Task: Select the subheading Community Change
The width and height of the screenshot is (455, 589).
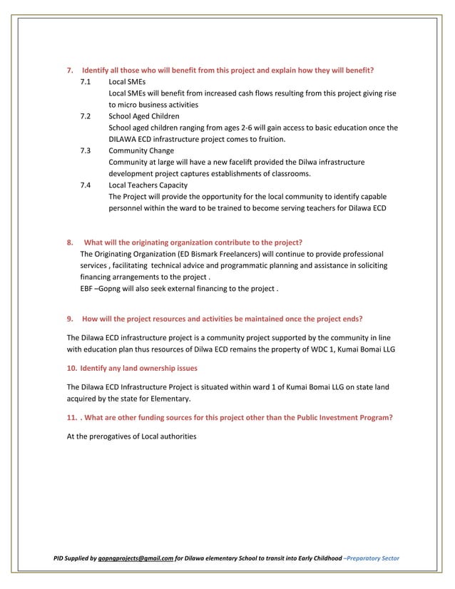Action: point(141,150)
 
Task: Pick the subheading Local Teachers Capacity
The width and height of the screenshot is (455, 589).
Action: point(148,185)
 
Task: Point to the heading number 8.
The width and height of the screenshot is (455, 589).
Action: point(69,242)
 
